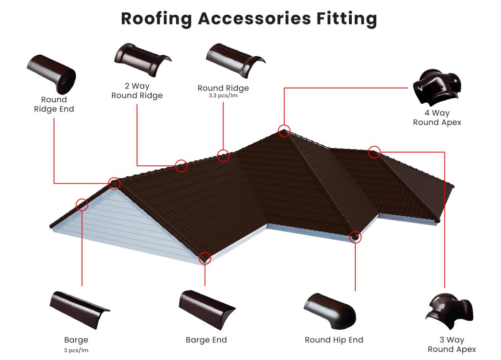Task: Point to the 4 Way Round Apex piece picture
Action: point(437,87)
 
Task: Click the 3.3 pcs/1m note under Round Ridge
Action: point(223,96)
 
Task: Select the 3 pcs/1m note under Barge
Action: point(76,350)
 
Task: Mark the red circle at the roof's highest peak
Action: point(284,131)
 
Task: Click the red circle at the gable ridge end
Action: point(114,183)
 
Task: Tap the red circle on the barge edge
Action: point(82,204)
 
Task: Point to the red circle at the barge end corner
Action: point(205,258)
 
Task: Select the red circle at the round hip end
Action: point(356,237)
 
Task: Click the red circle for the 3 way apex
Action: point(374,152)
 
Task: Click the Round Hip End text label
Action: point(334,340)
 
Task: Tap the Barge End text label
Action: point(206,340)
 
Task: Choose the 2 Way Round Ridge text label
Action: point(137,91)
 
